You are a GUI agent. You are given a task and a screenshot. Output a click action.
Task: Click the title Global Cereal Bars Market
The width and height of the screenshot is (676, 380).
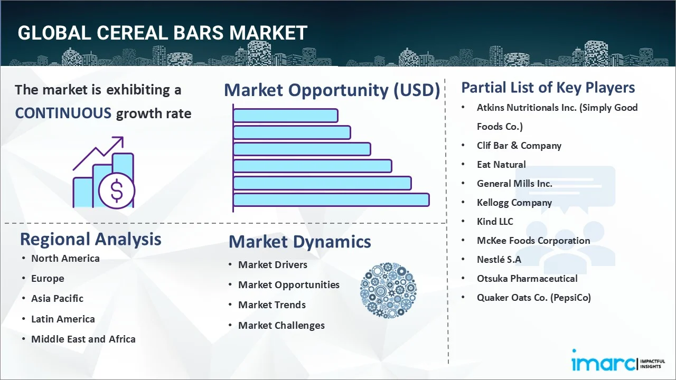tap(162, 33)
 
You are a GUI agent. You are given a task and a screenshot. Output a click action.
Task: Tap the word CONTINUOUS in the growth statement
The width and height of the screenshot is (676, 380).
tap(63, 113)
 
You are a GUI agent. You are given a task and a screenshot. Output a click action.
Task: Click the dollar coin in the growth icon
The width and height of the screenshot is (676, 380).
tap(117, 191)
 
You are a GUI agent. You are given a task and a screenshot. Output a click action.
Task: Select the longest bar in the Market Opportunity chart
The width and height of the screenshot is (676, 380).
tap(331, 199)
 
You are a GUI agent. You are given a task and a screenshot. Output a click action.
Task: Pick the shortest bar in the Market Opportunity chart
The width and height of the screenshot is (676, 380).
tap(285, 115)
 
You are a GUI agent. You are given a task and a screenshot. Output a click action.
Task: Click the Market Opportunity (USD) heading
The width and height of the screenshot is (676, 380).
tap(332, 90)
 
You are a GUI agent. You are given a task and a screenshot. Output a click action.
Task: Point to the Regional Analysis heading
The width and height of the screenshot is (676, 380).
tap(90, 239)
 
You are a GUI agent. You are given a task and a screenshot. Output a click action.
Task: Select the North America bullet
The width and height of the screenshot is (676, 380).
tap(65, 258)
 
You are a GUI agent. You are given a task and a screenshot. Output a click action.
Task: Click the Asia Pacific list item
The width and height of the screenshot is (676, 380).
tap(57, 298)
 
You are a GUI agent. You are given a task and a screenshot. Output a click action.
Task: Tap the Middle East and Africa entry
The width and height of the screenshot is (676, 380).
tap(83, 339)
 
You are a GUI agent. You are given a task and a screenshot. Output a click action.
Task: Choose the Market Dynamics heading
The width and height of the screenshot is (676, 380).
tap(299, 242)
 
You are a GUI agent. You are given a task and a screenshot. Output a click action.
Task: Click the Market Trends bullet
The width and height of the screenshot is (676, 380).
tap(271, 305)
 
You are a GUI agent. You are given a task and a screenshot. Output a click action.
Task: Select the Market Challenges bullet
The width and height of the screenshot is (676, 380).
tap(281, 325)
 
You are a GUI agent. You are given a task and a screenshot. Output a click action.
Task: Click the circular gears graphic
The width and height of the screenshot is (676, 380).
tap(388, 290)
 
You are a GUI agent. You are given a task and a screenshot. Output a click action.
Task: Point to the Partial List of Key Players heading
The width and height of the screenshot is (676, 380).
tap(548, 87)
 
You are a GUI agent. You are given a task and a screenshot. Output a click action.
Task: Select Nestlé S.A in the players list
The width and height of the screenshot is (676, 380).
tap(499, 259)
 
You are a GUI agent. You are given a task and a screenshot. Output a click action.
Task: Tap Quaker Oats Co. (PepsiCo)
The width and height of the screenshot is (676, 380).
tap(533, 297)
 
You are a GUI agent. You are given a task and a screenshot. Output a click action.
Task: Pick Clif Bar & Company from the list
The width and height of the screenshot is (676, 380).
tap(519, 145)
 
